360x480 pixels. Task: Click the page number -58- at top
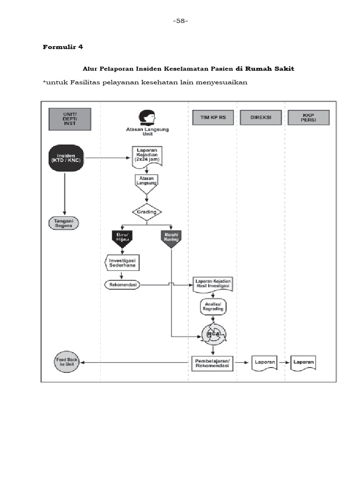180,21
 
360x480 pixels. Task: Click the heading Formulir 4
63,47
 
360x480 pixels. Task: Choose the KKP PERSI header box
308,117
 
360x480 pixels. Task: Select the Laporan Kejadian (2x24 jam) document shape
147,156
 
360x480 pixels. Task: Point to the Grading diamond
147,212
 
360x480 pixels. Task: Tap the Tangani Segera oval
64,223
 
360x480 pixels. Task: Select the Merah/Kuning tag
171,238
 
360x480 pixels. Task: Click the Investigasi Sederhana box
123,263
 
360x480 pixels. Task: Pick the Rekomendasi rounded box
122,284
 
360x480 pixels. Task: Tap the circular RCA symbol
213,333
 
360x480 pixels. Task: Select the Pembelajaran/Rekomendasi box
212,363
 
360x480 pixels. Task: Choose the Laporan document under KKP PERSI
303,363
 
